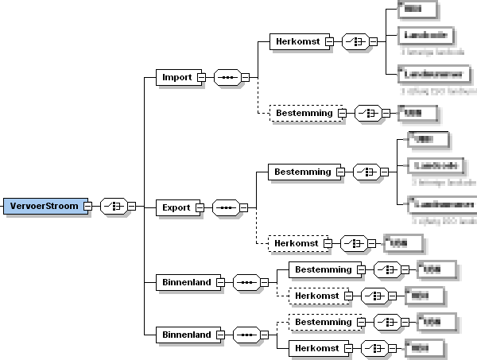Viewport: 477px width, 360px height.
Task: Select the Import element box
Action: pyautogui.click(x=176, y=77)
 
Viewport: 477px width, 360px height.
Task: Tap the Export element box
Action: pyautogui.click(x=176, y=207)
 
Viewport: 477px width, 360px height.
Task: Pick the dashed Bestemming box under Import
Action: pyautogui.click(x=303, y=114)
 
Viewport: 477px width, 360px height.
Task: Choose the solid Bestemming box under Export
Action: pyautogui.click(x=302, y=171)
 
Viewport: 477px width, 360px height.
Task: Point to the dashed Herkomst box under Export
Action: pyautogui.click(x=297, y=242)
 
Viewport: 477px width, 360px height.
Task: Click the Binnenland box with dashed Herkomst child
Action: pyautogui.click(x=186, y=281)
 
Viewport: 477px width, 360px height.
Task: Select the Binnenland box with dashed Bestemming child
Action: pyautogui.click(x=186, y=335)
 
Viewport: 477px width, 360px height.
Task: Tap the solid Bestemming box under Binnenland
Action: pyautogui.click(x=323, y=270)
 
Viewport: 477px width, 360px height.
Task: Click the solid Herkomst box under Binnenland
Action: pyautogui.click(x=316, y=347)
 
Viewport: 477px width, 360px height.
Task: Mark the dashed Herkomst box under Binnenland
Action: pyautogui.click(x=316, y=295)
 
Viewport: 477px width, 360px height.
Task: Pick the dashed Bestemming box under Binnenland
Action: pyautogui.click(x=323, y=322)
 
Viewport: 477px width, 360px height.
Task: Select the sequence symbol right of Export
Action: pyautogui.click(x=226, y=207)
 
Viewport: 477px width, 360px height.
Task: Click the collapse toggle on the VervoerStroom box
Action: pyautogui.click(x=87, y=206)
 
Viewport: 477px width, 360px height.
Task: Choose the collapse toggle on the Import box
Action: pyautogui.click(x=201, y=77)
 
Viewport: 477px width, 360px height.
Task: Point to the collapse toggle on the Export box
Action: pyautogui.click(x=200, y=207)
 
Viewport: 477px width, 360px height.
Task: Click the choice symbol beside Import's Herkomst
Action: pyautogui.click(x=354, y=41)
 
